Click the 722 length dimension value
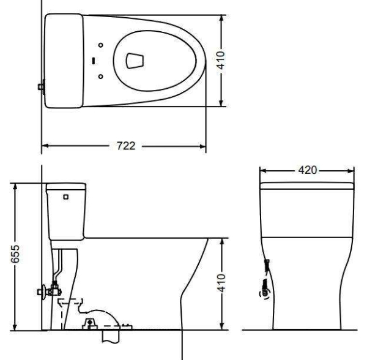click(x=125, y=146)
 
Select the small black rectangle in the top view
click(x=93, y=60)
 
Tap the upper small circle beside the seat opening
click(x=101, y=45)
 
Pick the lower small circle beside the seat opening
click(x=101, y=76)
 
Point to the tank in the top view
click(x=64, y=60)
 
